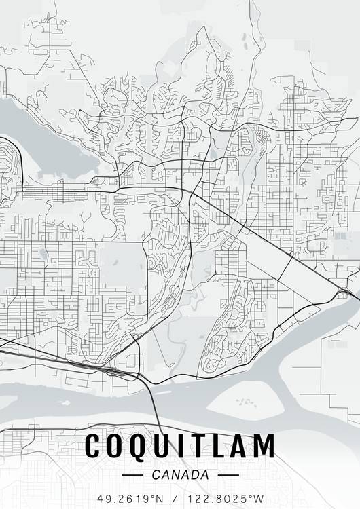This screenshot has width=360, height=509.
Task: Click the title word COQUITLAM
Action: tap(180, 446)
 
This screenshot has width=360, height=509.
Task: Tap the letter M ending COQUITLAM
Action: tap(264, 446)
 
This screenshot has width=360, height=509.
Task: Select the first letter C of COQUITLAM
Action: tap(94, 446)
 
